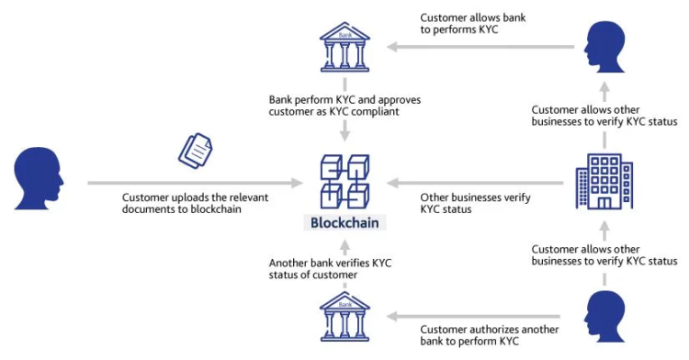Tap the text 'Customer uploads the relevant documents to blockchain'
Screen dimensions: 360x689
[195, 204]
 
